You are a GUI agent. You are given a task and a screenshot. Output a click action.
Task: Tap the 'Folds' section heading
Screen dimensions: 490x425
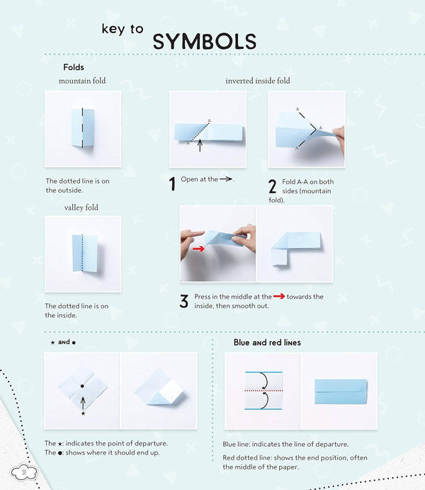click(74, 68)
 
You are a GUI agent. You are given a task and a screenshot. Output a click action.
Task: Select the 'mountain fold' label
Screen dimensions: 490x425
click(82, 81)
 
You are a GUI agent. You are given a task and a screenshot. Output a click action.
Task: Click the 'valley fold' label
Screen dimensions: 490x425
click(82, 207)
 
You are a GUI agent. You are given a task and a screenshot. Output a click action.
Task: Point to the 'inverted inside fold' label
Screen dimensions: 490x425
click(257, 81)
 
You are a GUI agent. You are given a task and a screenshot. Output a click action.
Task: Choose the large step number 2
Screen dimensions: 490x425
click(272, 187)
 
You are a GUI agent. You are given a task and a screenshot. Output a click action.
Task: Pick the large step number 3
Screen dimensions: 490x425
click(183, 302)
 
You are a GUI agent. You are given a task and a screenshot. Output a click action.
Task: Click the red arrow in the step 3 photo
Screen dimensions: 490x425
click(198, 249)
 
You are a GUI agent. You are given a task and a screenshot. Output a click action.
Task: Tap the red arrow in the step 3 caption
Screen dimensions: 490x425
click(278, 297)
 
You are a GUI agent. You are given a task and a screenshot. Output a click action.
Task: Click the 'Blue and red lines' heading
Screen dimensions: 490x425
click(267, 343)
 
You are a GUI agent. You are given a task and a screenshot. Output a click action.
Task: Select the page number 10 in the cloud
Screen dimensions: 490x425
click(23, 472)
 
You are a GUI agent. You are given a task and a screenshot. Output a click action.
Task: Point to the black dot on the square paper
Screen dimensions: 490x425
click(82, 387)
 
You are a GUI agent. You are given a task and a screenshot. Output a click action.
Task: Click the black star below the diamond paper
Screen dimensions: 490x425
click(82, 413)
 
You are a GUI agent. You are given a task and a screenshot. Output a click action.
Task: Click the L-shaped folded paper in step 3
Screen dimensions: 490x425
click(291, 247)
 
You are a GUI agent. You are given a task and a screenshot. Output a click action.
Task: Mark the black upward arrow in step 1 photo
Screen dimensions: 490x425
click(200, 147)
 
